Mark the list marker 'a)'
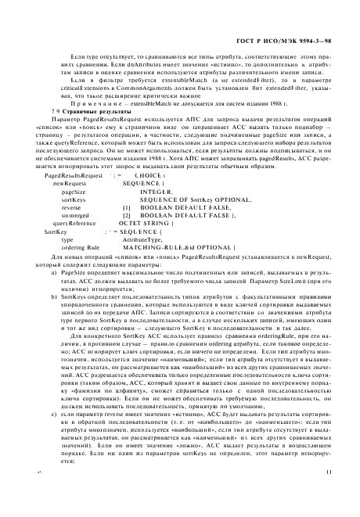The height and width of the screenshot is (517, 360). (x=55, y=294)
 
